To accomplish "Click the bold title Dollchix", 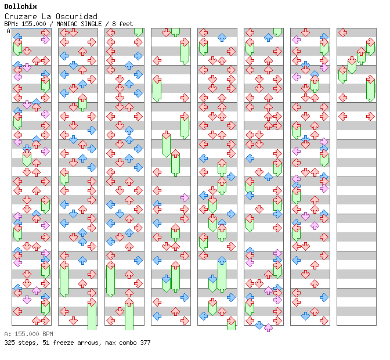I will click(20, 6).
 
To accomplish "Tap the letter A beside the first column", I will click(9, 31).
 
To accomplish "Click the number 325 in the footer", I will click(9, 343).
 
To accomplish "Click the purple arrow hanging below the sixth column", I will click(268, 328).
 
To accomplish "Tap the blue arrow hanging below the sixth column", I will click(259, 325).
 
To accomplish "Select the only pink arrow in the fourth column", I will click(185, 198).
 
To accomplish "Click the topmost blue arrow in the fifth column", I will click(222, 38).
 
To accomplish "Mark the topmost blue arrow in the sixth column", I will click(268, 38).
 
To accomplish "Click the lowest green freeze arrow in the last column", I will click(370, 89).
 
